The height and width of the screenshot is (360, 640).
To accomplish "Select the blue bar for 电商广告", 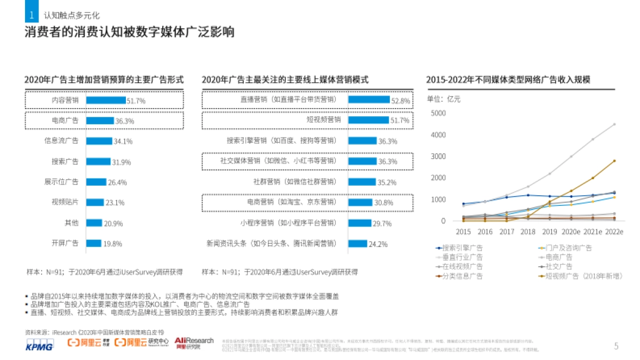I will pos(100,121).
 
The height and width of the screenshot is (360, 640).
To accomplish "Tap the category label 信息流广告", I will pos(61,141).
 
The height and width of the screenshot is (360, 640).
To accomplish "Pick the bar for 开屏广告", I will pos(93,243).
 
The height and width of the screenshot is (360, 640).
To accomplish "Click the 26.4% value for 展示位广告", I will pos(117,182).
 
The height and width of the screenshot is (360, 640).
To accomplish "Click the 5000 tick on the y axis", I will pos(438,113).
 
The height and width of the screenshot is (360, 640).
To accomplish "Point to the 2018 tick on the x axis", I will pos(527,232).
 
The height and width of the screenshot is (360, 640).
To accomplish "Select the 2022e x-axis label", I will pos(614,232).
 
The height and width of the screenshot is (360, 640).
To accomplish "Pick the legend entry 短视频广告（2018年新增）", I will pos(574,276).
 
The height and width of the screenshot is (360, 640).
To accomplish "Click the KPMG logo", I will pos(39,346).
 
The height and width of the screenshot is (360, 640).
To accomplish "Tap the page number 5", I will pos(616,346).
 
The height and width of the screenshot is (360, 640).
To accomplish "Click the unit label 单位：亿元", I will pos(444,99).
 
